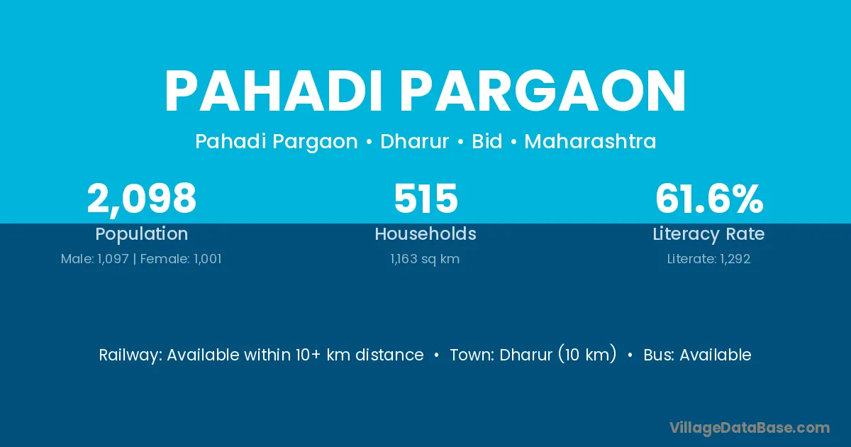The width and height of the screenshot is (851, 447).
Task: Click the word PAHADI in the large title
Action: click(273, 91)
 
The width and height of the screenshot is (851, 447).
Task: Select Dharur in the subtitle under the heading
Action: click(414, 141)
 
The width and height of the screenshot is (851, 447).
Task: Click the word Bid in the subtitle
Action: click(487, 141)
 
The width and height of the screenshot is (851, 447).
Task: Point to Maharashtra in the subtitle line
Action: click(590, 141)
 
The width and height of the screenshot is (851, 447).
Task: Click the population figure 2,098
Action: click(141, 199)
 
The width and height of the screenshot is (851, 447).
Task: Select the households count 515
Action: click(426, 199)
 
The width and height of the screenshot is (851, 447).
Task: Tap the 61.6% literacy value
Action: click(709, 199)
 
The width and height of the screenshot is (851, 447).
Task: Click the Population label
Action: click(142, 234)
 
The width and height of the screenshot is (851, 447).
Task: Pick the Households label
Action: click(425, 233)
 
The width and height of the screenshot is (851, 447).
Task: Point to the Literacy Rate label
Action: click(709, 234)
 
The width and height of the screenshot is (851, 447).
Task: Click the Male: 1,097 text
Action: click(95, 259)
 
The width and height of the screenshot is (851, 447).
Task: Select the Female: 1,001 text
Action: click(181, 259)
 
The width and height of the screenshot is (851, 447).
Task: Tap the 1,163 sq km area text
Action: click(425, 259)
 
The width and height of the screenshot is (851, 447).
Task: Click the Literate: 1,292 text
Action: click(709, 259)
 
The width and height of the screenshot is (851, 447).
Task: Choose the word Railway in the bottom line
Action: click(130, 355)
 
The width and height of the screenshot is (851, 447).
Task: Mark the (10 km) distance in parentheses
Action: click(587, 355)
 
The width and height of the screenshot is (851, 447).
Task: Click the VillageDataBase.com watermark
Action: click(750, 428)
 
